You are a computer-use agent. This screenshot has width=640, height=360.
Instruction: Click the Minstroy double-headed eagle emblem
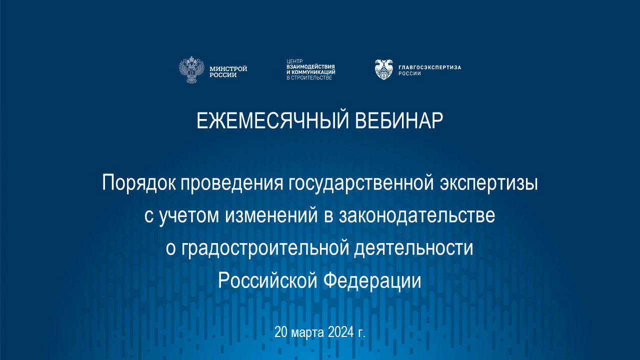click(x=192, y=70)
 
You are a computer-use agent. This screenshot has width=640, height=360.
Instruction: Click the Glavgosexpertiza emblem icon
click(x=383, y=69)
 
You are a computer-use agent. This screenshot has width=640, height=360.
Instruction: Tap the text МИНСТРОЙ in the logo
click(x=228, y=68)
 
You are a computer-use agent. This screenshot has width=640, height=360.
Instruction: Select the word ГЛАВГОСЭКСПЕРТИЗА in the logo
click(x=429, y=67)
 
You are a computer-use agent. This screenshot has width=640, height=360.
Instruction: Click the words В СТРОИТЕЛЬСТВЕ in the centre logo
click(x=309, y=78)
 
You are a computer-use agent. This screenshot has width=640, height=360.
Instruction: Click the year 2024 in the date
click(x=340, y=332)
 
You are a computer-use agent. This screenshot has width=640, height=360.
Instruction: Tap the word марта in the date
click(x=307, y=332)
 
